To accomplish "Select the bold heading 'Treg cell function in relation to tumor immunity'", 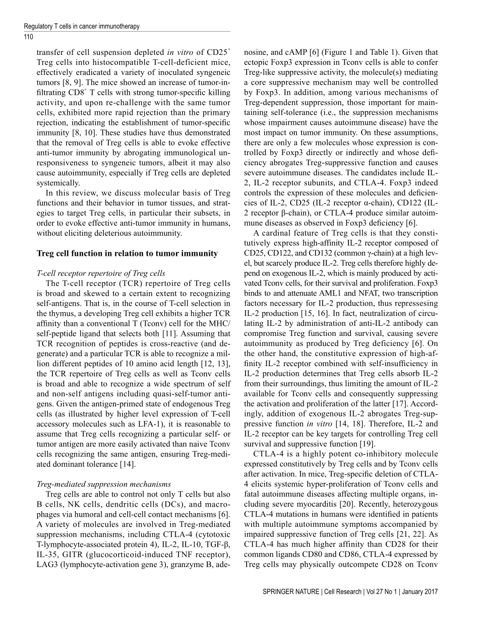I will tap(127, 253).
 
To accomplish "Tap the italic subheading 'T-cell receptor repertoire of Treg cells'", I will tap(101, 273).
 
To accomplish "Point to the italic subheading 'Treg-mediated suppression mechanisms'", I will tap(104, 484).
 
